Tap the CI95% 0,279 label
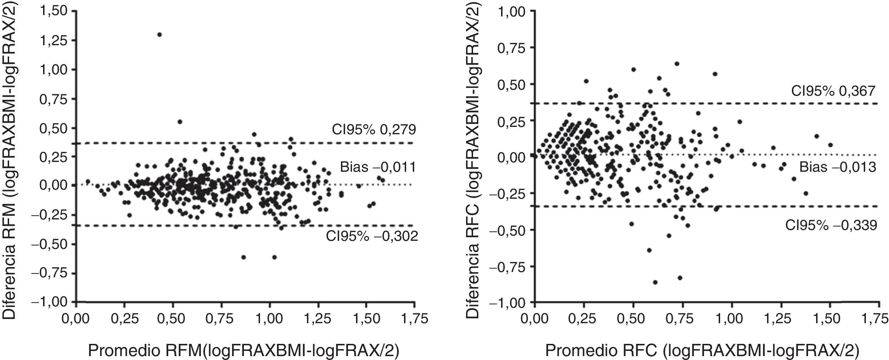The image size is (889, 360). click(x=374, y=130)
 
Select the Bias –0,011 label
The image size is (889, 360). click(x=378, y=168)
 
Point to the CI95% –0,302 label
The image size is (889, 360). click(x=372, y=237)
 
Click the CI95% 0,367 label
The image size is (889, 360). click(x=834, y=91)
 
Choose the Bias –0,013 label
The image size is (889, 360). click(x=837, y=168)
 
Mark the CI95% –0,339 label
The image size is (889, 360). click(x=831, y=225)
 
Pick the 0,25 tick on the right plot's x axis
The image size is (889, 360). click(x=584, y=319)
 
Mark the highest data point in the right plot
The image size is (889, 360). click(x=677, y=63)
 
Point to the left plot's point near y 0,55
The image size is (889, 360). click(x=180, y=122)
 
